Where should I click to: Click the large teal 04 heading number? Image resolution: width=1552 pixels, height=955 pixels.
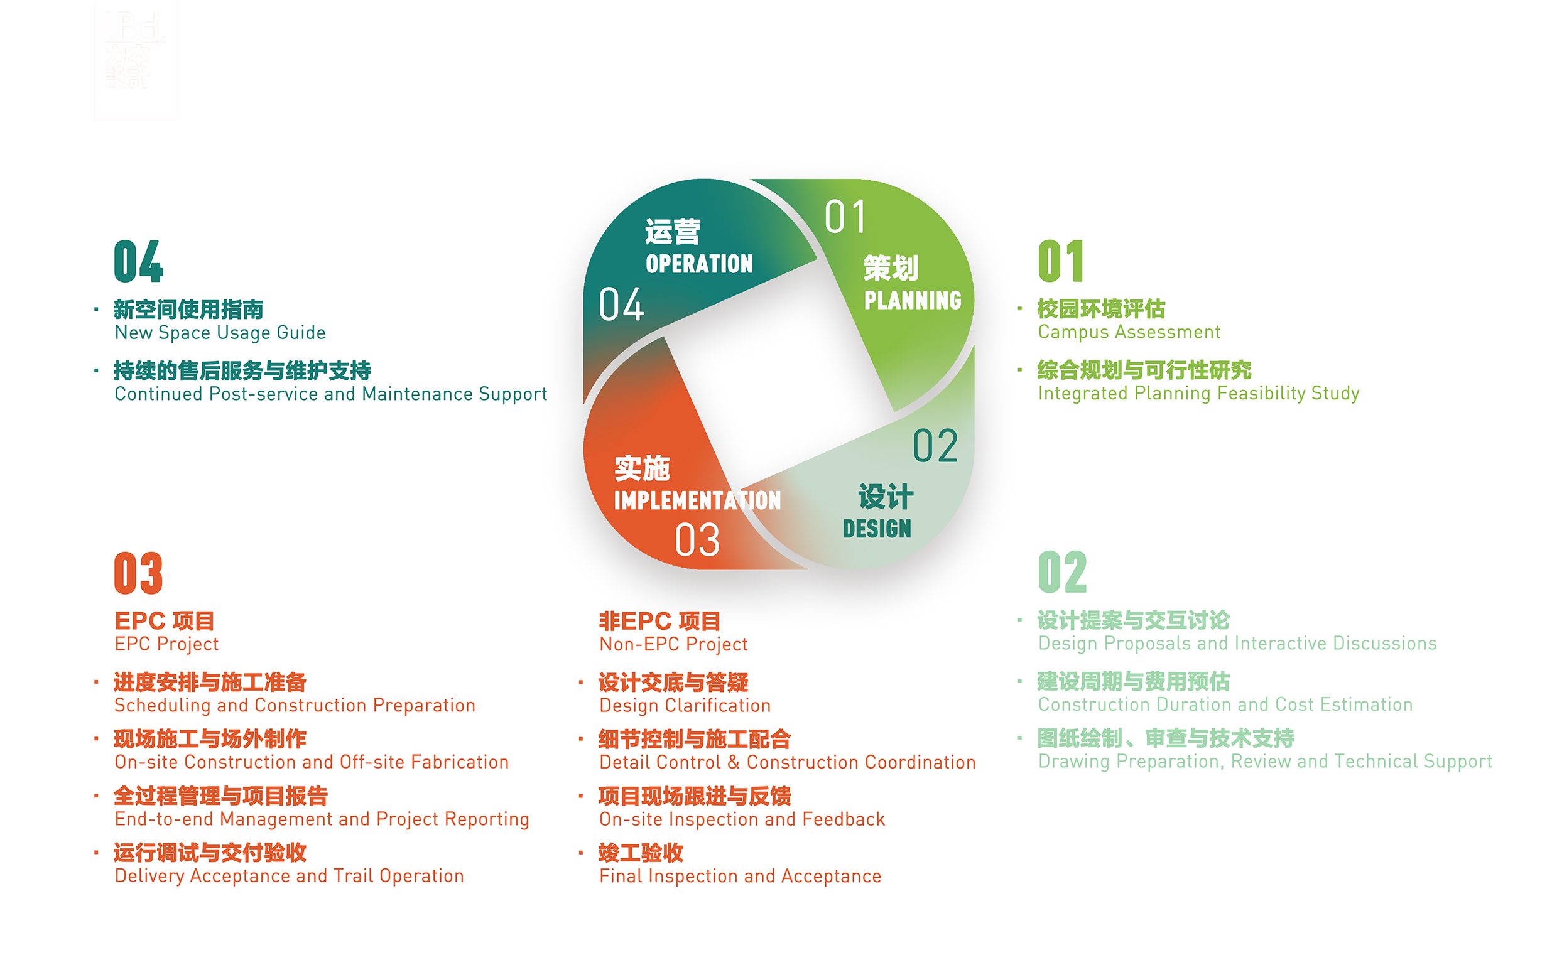coord(138,261)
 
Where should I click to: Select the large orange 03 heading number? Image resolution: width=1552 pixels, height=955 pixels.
coord(138,573)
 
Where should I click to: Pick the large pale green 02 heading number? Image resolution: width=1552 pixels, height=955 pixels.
coord(1063,572)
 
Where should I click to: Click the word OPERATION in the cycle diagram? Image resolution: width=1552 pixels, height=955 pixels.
coord(699,264)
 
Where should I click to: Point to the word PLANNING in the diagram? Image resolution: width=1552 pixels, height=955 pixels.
coord(913,301)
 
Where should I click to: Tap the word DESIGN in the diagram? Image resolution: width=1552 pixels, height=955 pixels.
coord(877,529)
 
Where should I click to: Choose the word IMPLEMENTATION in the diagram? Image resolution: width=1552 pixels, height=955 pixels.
coord(697,501)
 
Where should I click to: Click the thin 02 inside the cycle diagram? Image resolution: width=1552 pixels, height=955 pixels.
coord(935,446)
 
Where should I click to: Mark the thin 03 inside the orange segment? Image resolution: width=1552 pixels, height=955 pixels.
coord(697,540)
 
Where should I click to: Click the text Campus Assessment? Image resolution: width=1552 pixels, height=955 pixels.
coord(1129,332)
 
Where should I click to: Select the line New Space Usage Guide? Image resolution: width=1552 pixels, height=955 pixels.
coord(220,333)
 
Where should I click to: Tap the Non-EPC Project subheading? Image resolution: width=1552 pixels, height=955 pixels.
coord(673,644)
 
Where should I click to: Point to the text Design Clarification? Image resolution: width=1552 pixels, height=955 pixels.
coord(685,706)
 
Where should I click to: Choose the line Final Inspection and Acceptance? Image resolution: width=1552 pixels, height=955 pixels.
coord(740,876)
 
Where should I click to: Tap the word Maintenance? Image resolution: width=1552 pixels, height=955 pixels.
coord(417,394)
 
